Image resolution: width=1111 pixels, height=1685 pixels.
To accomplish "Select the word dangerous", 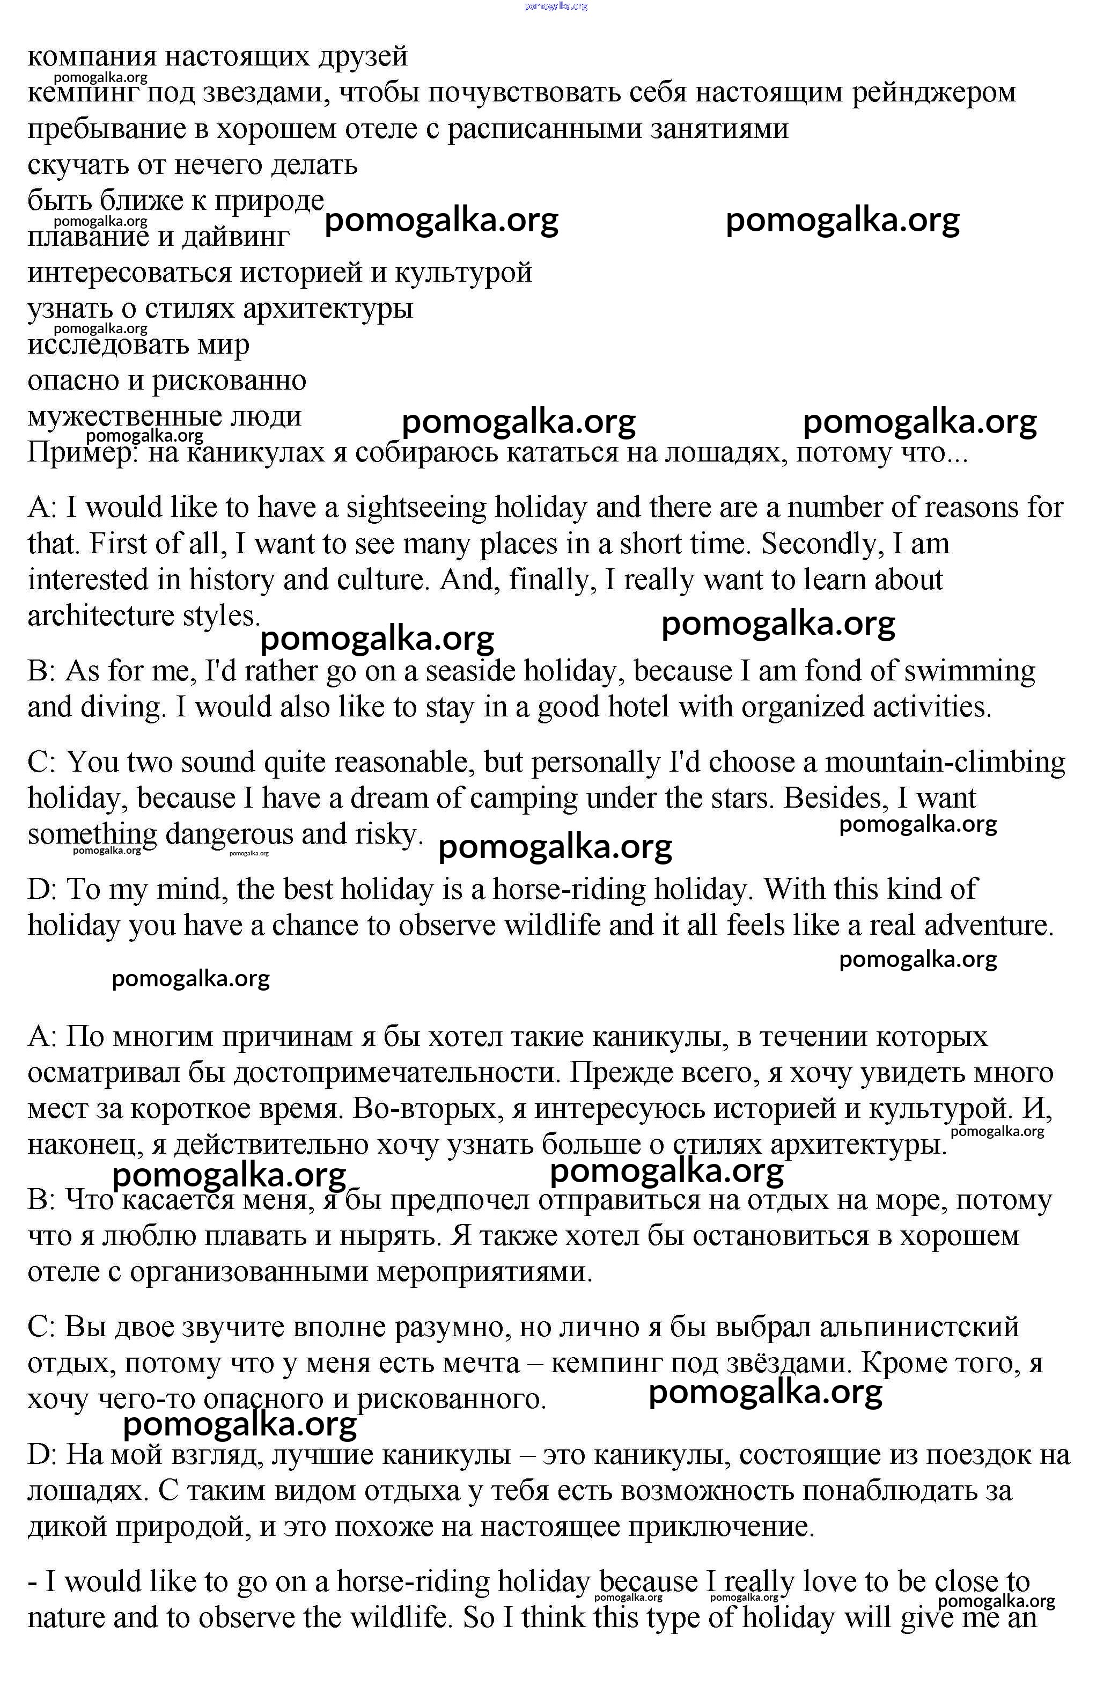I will pyautogui.click(x=229, y=834).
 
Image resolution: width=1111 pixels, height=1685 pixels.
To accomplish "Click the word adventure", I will pyautogui.click(x=992, y=925).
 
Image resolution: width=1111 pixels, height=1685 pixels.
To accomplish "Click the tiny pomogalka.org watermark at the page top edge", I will pyautogui.click(x=556, y=6).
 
